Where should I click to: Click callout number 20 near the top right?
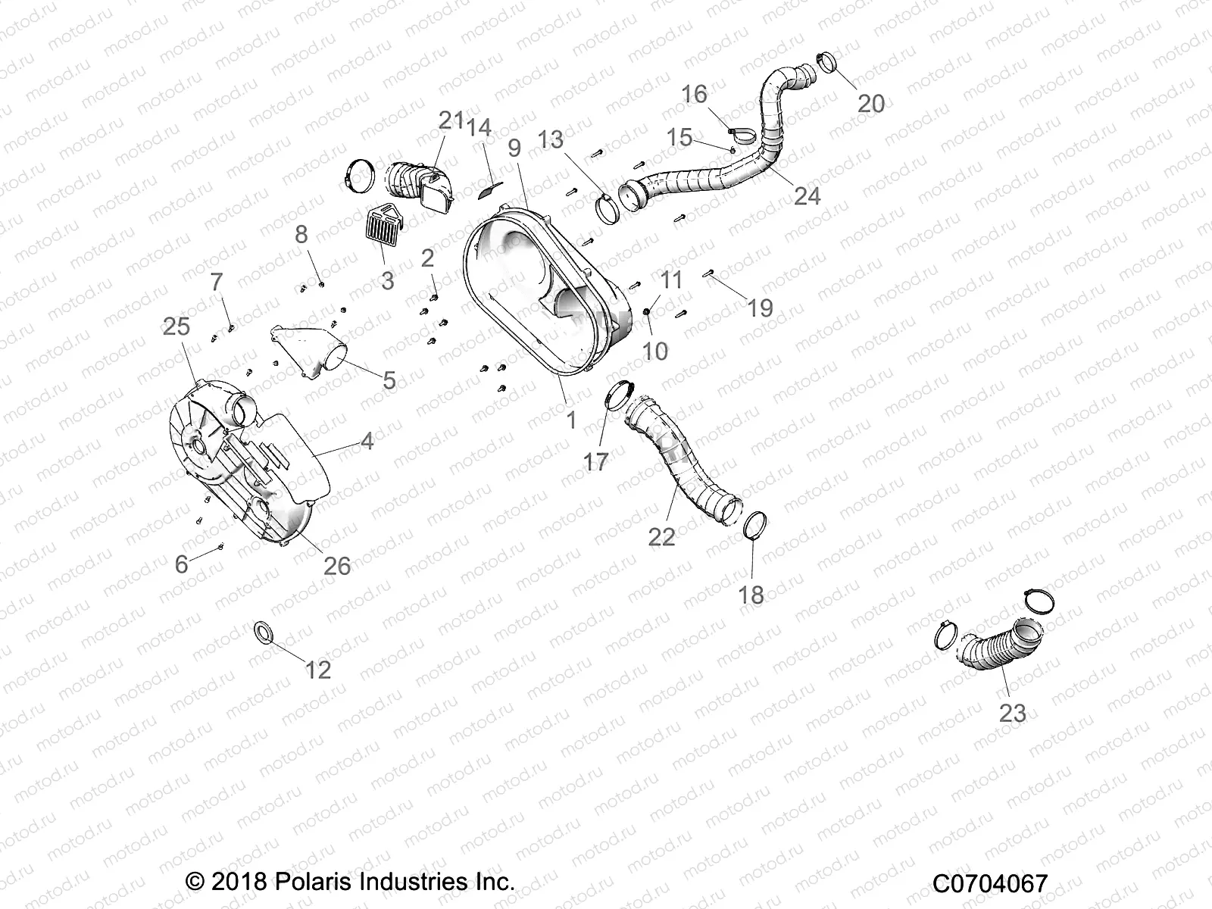click(870, 103)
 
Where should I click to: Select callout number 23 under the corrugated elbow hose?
click(1013, 713)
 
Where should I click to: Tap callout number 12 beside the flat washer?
click(318, 670)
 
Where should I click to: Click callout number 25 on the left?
click(176, 327)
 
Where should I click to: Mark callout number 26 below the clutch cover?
click(337, 565)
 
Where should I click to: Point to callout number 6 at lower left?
click(181, 564)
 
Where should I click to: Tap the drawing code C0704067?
click(990, 883)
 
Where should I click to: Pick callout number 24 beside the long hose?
click(807, 195)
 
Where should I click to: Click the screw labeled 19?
click(709, 274)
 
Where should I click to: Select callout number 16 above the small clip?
click(694, 94)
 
